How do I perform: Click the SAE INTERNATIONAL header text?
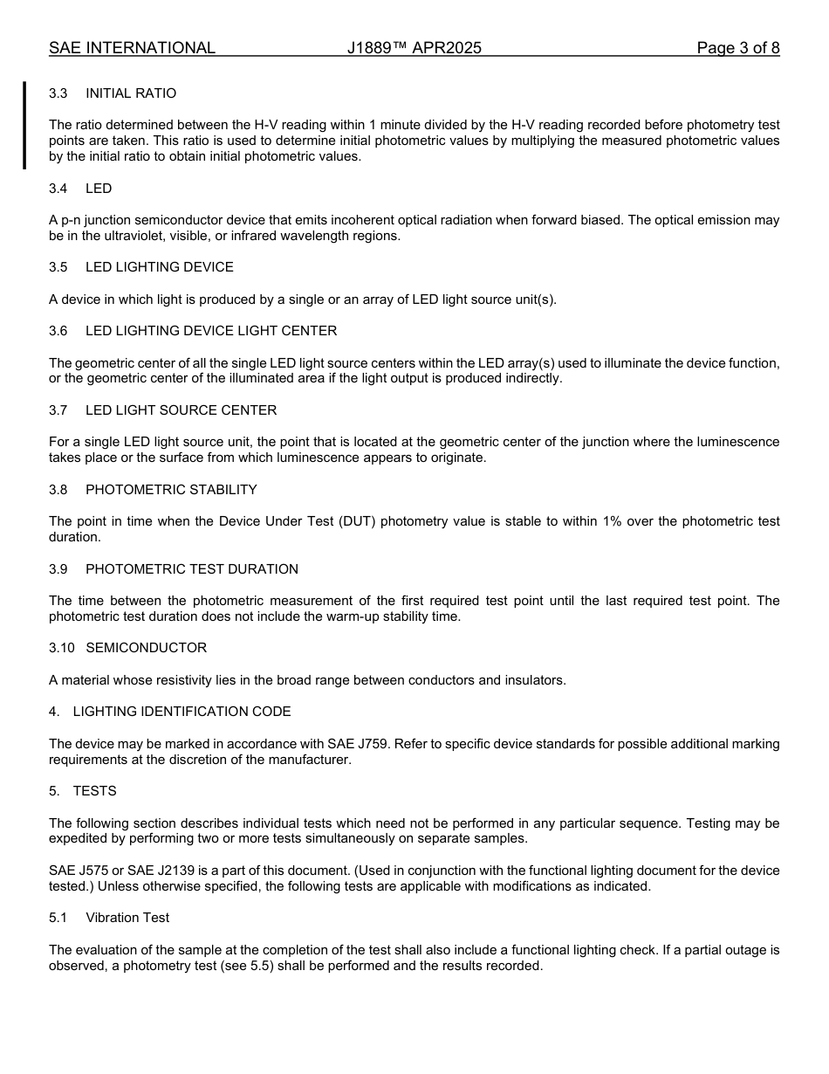[132, 48]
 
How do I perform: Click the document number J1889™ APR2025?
[414, 48]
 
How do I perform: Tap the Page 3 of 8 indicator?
[737, 48]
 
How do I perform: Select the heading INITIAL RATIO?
[131, 93]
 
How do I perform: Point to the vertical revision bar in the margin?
[24, 125]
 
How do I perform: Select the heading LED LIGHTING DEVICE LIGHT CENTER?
[211, 331]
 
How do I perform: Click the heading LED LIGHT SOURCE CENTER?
[181, 410]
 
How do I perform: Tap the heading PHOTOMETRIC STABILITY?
[171, 490]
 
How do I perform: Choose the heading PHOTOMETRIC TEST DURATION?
[192, 569]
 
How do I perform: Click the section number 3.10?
[61, 648]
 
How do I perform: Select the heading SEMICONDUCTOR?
[147, 648]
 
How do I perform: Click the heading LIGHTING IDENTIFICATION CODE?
[182, 712]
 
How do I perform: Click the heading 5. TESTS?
[83, 791]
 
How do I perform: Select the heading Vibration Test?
[127, 918]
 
